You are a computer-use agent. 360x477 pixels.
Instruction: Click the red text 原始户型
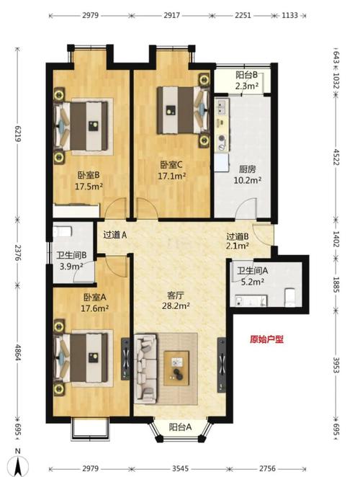coord(266,339)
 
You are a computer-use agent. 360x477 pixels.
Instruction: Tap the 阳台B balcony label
coord(246,75)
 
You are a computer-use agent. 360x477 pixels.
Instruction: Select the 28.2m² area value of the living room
coord(176,306)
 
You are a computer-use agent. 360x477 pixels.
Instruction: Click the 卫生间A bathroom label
coord(253,270)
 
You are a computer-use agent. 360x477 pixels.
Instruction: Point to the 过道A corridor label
coord(114,235)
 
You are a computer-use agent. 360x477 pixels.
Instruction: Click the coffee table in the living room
coord(176,368)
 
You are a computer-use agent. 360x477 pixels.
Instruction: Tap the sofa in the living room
coord(146,368)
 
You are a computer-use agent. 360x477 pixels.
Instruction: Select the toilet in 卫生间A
coord(290,298)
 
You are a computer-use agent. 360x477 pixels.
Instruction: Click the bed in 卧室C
coord(183,110)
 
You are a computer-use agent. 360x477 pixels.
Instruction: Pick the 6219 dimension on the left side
coord(17,134)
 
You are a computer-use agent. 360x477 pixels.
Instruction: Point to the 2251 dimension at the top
coord(243,15)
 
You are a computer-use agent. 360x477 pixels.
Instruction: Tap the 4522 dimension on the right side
coord(336,157)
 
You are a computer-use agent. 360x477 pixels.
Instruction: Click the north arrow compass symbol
coord(18,464)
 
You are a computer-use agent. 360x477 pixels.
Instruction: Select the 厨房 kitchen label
coord(247,169)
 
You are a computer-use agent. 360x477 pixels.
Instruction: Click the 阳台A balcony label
coord(180,427)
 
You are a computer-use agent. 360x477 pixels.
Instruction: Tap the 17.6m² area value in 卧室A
coord(95,308)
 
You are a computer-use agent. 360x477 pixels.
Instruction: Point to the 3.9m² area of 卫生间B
coord(71,267)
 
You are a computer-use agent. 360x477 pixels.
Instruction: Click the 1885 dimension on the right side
coord(336,285)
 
